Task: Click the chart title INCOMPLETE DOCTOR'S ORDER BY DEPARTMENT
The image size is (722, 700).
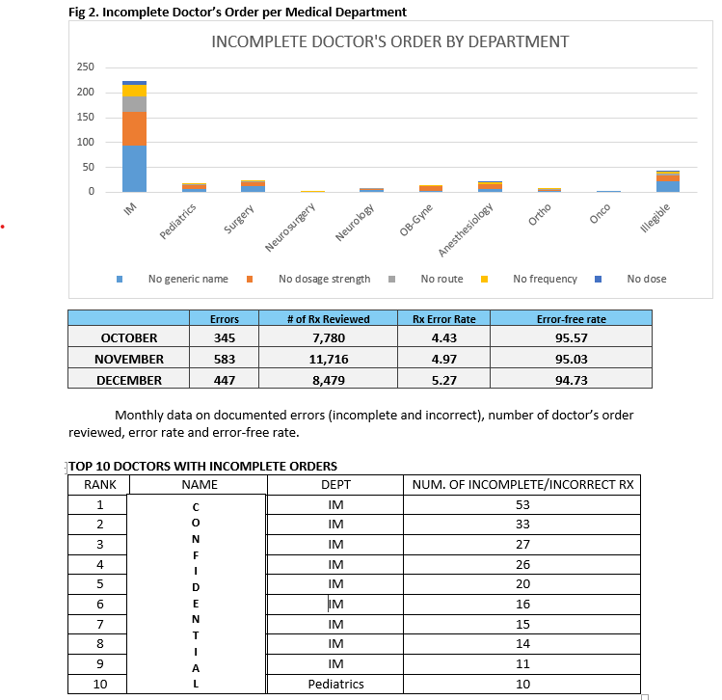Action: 389,41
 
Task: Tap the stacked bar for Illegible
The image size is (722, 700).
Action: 668,182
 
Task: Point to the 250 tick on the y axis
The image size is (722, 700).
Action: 86,67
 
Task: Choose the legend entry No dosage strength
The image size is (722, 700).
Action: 324,279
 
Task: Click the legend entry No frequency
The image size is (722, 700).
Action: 545,279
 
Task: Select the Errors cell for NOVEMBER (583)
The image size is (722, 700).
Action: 224,359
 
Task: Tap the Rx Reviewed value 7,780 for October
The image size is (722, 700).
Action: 329,338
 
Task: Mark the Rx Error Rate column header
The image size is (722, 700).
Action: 443,318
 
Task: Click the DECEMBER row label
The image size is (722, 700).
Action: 129,380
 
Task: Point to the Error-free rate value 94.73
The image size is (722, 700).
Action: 573,380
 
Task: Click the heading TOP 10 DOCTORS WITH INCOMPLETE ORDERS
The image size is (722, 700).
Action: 202,467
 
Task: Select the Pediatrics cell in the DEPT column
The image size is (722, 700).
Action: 335,684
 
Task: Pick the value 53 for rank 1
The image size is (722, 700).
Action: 523,505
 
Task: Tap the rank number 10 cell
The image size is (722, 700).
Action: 99,684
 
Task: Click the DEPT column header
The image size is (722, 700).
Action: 335,484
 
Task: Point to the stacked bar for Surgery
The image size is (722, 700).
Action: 254,186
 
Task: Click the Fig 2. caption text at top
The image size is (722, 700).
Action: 238,12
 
